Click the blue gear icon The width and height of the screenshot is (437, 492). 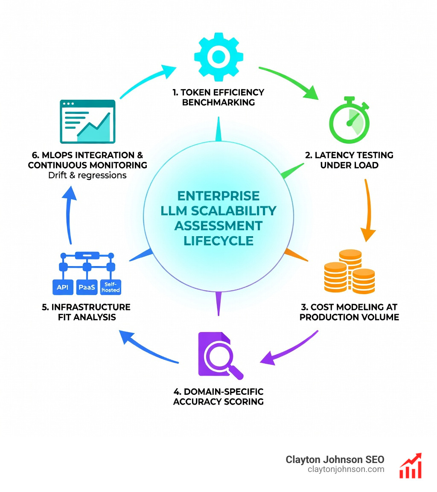tap(218, 56)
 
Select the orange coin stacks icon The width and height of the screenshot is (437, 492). tap(350, 272)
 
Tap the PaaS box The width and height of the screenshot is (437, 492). tap(87, 287)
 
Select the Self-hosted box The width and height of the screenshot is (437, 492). tap(110, 287)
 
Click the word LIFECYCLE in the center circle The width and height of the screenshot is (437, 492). tap(218, 240)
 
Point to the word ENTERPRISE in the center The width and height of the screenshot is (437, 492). tap(218, 196)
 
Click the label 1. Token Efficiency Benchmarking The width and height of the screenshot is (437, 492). tap(218, 97)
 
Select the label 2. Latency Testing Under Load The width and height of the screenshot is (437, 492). tap(349, 160)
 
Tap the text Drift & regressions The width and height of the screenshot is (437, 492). tap(87, 175)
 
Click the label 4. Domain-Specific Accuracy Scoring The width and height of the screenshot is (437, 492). tap(218, 396)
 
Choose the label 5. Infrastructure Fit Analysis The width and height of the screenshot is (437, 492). tap(86, 312)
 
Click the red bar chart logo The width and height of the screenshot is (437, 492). tap(411, 466)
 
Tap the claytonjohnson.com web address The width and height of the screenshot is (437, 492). tap(346, 469)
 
